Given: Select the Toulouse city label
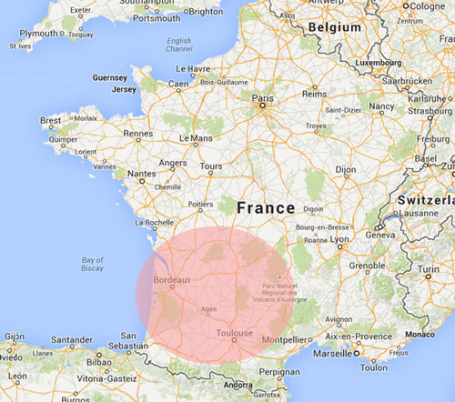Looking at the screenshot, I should (234, 334).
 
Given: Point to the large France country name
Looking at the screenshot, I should (266, 207).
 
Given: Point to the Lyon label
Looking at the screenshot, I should (339, 239).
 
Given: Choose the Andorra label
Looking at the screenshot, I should (238, 385).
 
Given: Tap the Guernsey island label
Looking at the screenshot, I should (110, 78).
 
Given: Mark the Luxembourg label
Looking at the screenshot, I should (378, 64).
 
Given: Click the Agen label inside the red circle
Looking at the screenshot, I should (209, 309).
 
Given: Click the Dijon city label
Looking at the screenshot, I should (344, 169).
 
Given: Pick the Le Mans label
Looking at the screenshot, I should (196, 138).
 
